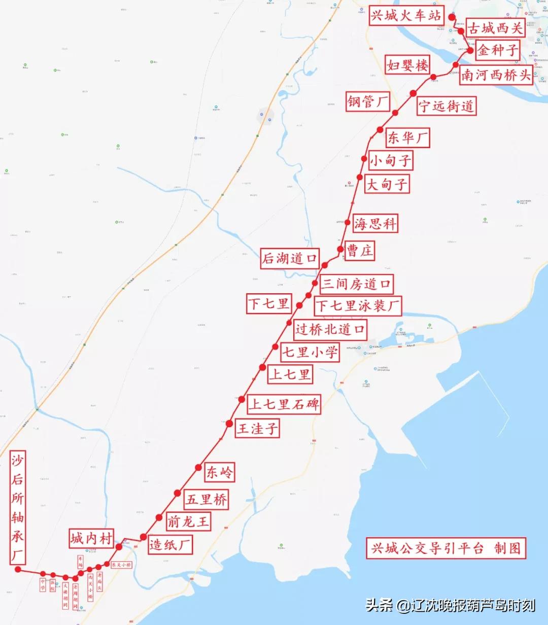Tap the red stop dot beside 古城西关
[461, 31]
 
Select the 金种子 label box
[498, 50]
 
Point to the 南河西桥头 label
[496, 75]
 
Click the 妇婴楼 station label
[408, 65]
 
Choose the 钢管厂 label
[367, 101]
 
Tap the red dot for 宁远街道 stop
[413, 93]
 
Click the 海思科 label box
[375, 223]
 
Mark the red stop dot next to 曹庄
[340, 249]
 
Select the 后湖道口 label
[290, 258]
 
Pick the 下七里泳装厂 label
[358, 306]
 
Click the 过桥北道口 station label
[330, 329]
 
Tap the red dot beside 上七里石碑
[242, 399]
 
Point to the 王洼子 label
[258, 429]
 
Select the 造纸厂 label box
[170, 545]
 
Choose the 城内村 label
[91, 538]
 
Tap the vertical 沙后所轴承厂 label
[18, 508]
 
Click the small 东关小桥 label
[121, 565]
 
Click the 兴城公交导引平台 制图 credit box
[446, 548]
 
